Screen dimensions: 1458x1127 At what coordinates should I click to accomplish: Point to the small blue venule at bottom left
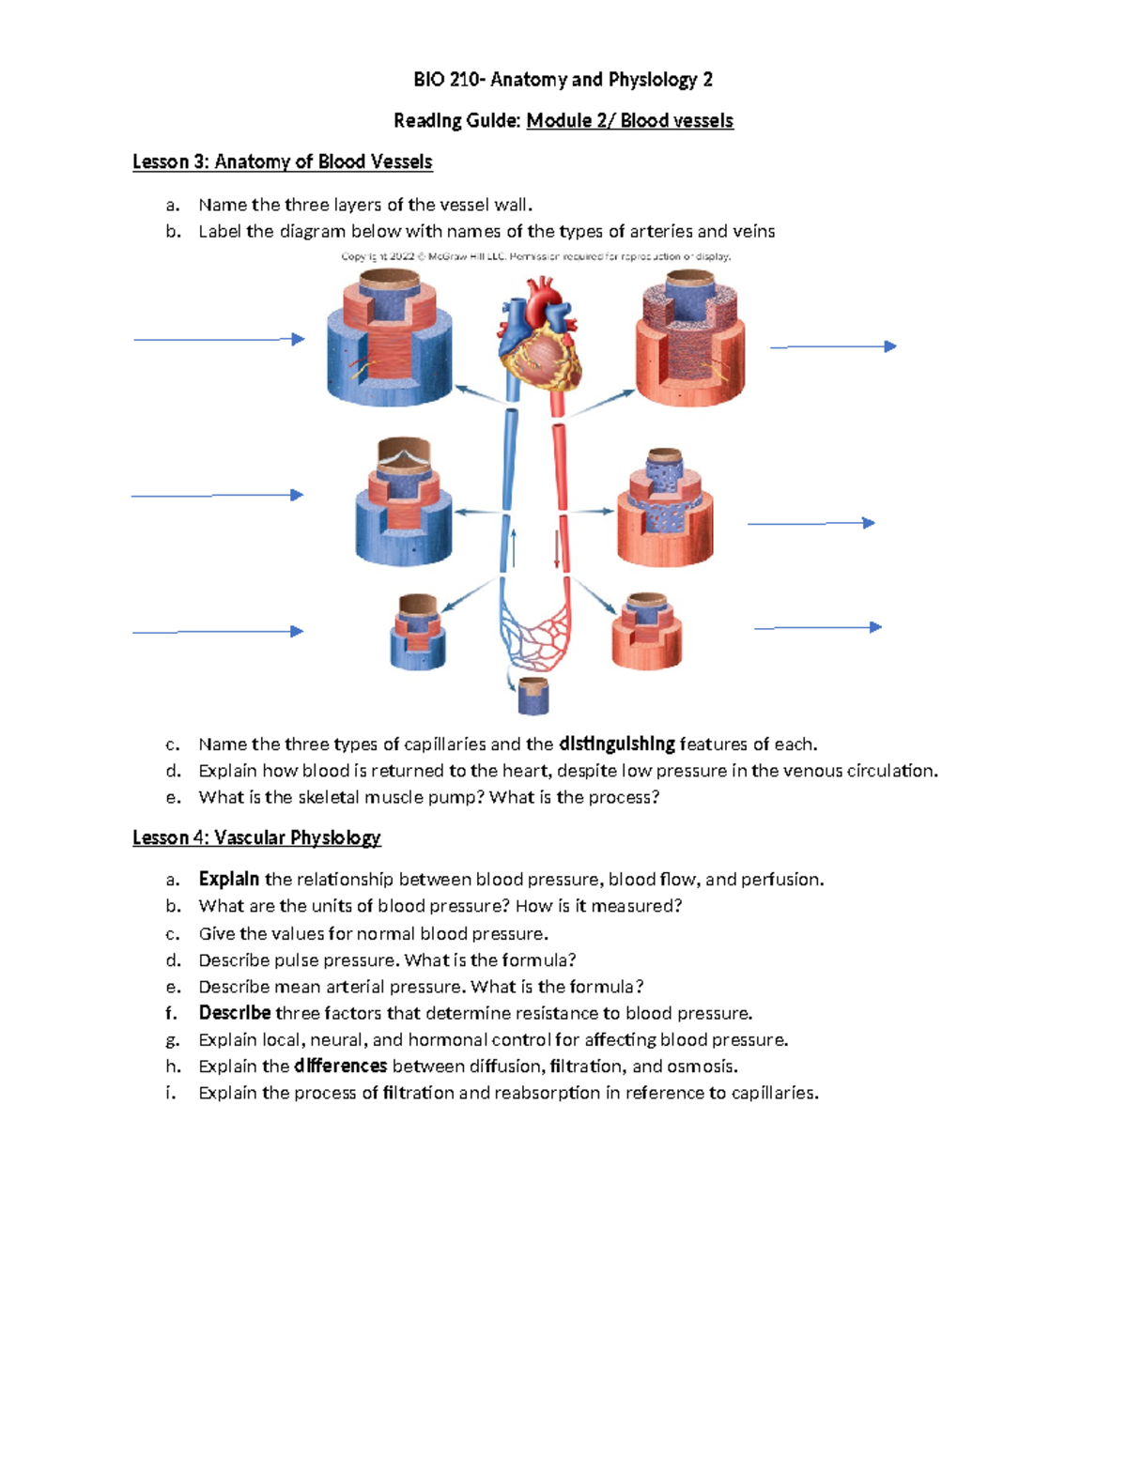pyautogui.click(x=417, y=633)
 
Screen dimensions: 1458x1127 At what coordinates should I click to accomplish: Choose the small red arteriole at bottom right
pyautogui.click(x=646, y=633)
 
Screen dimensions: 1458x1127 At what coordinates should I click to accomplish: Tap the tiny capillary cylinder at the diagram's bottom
pyautogui.click(x=533, y=696)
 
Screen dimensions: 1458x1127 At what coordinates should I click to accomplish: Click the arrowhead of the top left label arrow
pyautogui.click(x=299, y=339)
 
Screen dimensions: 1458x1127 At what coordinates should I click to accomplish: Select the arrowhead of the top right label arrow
pyautogui.click(x=890, y=346)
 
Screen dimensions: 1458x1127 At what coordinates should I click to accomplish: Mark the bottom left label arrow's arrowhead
pyautogui.click(x=298, y=632)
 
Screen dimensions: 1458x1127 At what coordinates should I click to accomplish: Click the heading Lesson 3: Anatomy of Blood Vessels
pyautogui.click(x=282, y=161)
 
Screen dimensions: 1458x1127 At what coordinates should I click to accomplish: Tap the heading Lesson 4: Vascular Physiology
pyautogui.click(x=256, y=837)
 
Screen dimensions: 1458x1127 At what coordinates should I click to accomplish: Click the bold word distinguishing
pyautogui.click(x=616, y=744)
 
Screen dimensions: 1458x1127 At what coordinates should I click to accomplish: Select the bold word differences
pyautogui.click(x=340, y=1067)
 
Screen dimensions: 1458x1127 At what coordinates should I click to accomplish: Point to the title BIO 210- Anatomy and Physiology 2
pyautogui.click(x=563, y=80)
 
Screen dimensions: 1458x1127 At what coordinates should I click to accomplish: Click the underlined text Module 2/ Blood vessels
pyautogui.click(x=629, y=121)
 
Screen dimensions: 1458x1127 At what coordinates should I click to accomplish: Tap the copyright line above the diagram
pyautogui.click(x=535, y=256)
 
